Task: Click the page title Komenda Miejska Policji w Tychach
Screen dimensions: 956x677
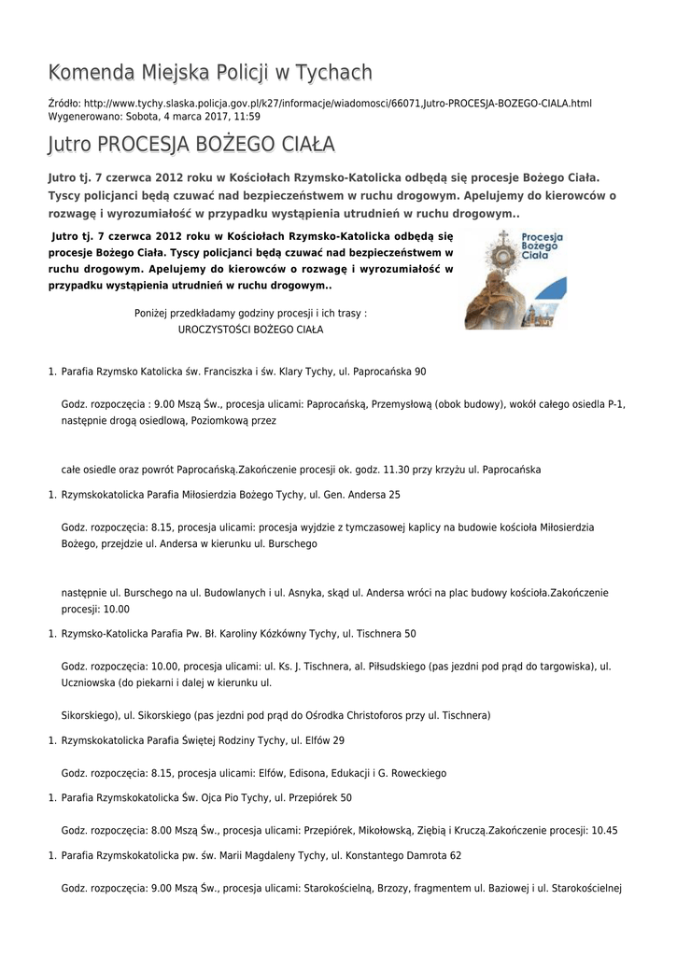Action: pos(210,73)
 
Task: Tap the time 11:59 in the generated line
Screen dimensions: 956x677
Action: pos(247,117)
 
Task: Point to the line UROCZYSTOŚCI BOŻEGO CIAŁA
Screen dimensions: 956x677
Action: pos(250,330)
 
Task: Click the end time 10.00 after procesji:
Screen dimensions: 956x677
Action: pos(117,609)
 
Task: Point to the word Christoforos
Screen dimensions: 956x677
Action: pos(367,715)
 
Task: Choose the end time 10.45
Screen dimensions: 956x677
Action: pos(603,830)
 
